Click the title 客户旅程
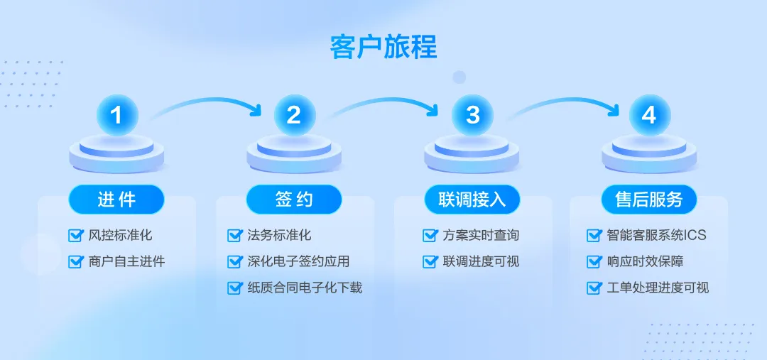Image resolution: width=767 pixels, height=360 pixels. [383, 47]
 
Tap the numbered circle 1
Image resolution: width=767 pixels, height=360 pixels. [117, 116]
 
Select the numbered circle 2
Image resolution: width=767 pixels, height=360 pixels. [295, 116]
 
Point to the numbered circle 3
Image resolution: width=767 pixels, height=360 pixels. [472, 116]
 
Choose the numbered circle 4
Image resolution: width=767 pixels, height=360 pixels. [650, 116]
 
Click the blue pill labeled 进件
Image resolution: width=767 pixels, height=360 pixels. [116, 200]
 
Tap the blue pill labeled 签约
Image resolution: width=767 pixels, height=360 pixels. [294, 200]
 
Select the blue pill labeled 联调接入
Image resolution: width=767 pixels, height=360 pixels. [472, 200]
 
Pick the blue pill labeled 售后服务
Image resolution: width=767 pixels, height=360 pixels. [649, 200]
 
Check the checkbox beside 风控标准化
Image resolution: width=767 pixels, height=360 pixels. [75, 235]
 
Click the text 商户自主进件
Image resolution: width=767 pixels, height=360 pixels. [126, 262]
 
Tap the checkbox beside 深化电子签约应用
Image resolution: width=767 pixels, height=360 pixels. [235, 262]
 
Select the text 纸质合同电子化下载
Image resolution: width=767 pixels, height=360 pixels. [305, 288]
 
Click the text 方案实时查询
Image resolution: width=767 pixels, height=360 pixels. [480, 235]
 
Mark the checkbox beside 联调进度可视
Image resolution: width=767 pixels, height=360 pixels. [430, 262]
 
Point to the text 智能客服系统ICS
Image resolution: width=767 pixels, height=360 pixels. [656, 235]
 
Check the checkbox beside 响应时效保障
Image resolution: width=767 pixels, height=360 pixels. [593, 262]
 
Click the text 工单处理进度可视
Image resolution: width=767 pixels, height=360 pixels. [658, 288]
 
